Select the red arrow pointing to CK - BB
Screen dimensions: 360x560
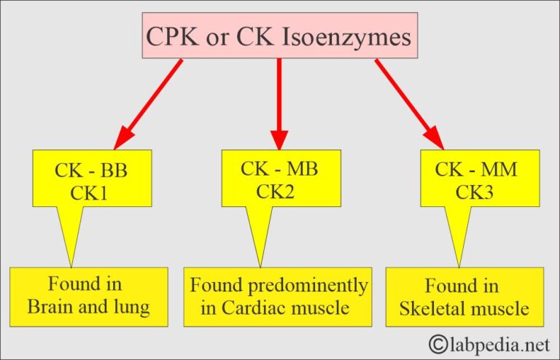pyautogui.click(x=149, y=102)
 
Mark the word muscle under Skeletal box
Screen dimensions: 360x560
pyautogui.click(x=501, y=308)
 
